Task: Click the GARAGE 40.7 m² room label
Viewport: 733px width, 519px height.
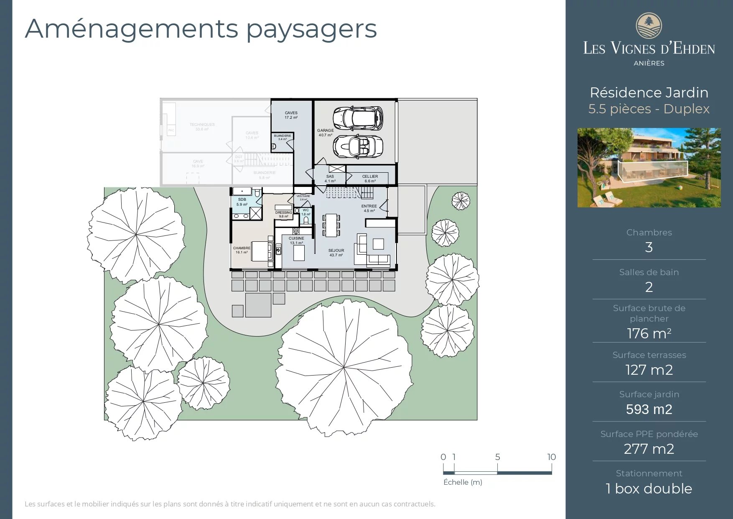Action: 325,133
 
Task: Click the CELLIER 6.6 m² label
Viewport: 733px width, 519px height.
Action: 370,179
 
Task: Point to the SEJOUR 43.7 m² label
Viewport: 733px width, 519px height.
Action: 336,253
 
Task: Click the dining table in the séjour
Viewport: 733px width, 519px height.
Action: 331,225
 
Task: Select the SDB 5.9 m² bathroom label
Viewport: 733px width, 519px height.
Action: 242,202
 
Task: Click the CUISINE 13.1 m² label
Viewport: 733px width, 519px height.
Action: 296,240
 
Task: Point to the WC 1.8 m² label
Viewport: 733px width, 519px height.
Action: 305,212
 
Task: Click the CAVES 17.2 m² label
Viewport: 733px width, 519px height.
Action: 291,115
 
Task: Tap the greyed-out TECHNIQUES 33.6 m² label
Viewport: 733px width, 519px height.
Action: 202,127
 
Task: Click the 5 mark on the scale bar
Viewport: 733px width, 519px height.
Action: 497,457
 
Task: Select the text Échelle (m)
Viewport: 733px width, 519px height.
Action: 463,482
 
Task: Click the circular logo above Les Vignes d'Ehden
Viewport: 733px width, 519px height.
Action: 649,26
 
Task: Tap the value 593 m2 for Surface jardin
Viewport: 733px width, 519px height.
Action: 649,409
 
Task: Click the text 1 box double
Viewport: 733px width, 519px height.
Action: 649,488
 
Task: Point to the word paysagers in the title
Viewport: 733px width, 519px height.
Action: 311,29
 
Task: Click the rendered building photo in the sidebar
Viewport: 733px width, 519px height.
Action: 649,167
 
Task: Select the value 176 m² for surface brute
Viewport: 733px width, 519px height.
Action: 649,333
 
